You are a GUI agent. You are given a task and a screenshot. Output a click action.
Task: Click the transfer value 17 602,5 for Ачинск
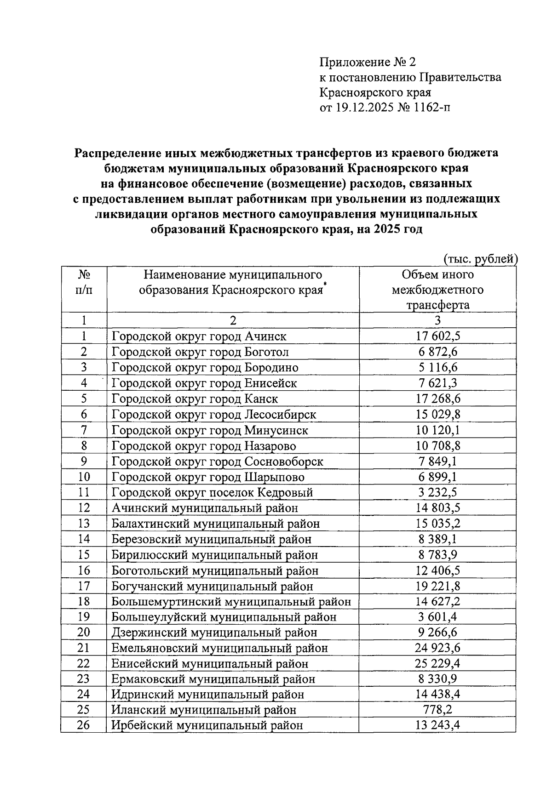point(437,336)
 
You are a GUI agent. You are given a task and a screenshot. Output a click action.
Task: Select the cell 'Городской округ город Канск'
point(195,399)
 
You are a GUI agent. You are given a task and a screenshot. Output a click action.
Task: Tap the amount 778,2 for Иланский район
point(437,710)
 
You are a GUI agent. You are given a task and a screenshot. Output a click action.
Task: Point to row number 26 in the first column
point(83,726)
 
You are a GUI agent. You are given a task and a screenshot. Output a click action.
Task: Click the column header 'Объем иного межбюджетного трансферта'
point(437,290)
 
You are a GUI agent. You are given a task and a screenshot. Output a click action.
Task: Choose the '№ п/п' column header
point(83,283)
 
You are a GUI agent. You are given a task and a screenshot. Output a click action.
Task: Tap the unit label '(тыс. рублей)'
point(480,259)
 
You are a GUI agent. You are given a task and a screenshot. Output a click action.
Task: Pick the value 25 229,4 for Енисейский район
point(437,663)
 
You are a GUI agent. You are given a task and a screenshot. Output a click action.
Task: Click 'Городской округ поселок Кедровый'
point(212,492)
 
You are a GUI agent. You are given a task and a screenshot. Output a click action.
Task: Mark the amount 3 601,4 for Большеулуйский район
point(437,617)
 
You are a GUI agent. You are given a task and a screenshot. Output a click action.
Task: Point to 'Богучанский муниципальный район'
point(212,586)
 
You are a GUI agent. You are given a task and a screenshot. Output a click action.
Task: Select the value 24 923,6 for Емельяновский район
point(437,648)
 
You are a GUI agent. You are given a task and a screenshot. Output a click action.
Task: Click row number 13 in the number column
point(83,524)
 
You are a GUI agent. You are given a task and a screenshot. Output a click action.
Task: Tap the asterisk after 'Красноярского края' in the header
point(325,286)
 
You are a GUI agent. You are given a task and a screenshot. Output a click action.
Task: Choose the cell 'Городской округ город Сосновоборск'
point(217,462)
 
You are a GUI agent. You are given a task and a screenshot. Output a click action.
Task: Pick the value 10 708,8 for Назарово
point(437,446)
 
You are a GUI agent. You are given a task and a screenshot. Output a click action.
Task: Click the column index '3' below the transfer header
point(437,320)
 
